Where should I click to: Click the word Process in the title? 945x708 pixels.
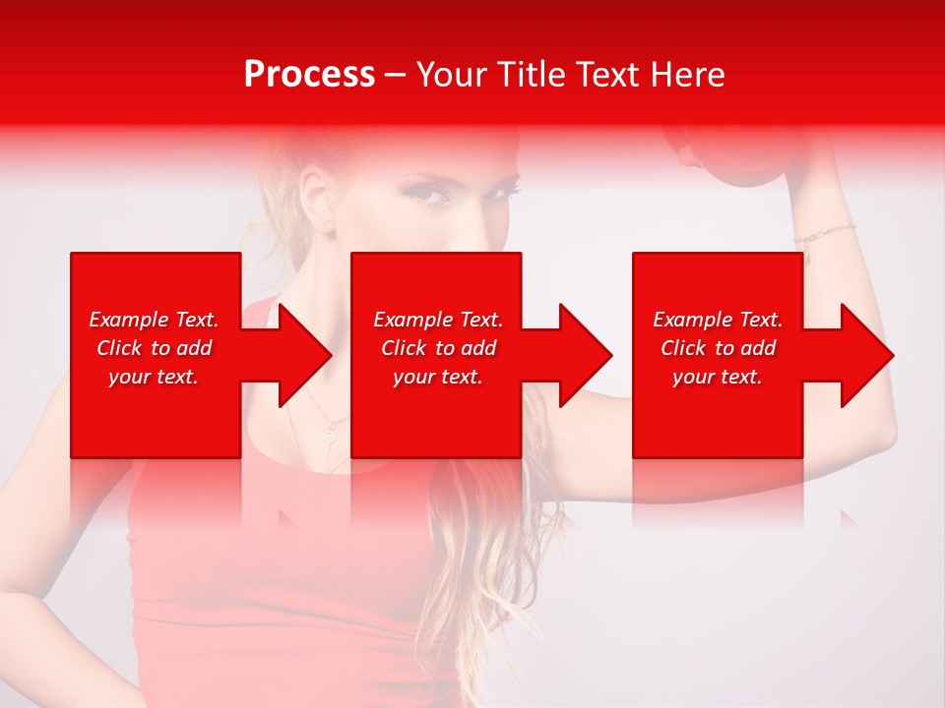tap(309, 75)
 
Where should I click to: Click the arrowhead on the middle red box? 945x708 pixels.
tap(581, 355)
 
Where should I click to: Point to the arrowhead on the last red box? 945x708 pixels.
tap(863, 355)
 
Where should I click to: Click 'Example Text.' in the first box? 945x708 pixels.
tap(154, 320)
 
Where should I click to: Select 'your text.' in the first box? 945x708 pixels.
tap(154, 377)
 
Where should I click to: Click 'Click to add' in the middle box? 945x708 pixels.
tap(438, 348)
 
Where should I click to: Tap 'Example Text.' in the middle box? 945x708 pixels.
tap(438, 320)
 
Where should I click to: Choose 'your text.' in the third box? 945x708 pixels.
tap(718, 377)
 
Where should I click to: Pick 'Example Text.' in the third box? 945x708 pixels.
tap(718, 320)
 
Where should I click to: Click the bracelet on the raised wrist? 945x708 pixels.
tap(824, 234)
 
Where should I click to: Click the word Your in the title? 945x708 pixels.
tap(449, 75)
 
